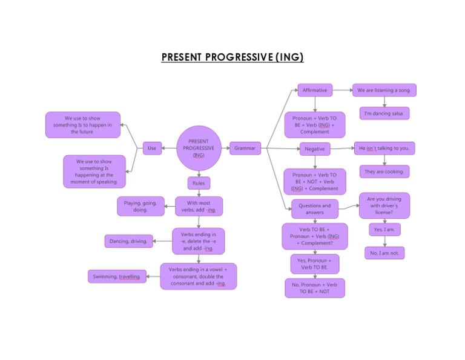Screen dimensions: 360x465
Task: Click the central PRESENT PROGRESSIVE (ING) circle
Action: pos(199,148)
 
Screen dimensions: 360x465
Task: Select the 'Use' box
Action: pos(152,148)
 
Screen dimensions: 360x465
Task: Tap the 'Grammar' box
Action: pos(245,148)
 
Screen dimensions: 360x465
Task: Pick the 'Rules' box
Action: pos(199,183)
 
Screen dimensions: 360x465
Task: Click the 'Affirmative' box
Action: pos(315,90)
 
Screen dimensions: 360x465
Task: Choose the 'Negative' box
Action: pos(315,148)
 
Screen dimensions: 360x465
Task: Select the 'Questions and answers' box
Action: pos(315,208)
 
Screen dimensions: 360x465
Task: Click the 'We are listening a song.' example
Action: pos(384,90)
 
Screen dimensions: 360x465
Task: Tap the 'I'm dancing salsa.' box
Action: pos(384,113)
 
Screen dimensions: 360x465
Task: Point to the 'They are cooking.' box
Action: pos(384,172)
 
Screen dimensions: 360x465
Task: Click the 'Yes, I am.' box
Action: pos(385,230)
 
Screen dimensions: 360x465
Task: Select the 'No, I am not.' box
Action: pos(385,253)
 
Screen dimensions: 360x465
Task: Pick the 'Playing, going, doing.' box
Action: pos(140,207)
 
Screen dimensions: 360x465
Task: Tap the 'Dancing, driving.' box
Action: pos(128,241)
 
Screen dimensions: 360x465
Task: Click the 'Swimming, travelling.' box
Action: pos(117,276)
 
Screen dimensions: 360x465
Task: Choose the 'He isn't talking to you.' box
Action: pos(384,148)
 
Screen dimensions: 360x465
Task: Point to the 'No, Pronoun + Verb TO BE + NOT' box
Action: pos(315,288)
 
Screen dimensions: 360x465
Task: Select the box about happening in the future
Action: pos(83,125)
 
